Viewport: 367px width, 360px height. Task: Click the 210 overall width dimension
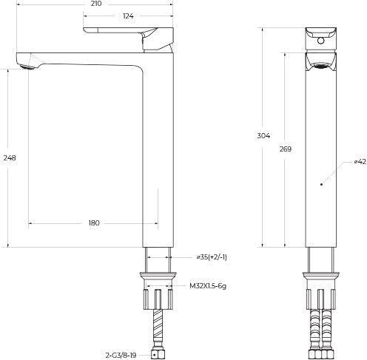(96, 4)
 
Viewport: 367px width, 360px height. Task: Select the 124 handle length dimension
(128, 16)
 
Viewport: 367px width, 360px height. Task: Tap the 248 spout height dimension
(10, 158)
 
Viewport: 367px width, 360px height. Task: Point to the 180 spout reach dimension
(94, 223)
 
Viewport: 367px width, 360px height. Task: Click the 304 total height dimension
(263, 136)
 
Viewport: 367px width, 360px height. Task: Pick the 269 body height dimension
(286, 149)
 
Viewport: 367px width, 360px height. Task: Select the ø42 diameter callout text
(360, 162)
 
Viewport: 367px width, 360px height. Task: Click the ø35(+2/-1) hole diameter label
(212, 257)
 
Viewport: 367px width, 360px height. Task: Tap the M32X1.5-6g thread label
(208, 286)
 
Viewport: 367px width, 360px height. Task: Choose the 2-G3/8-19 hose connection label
(121, 356)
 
